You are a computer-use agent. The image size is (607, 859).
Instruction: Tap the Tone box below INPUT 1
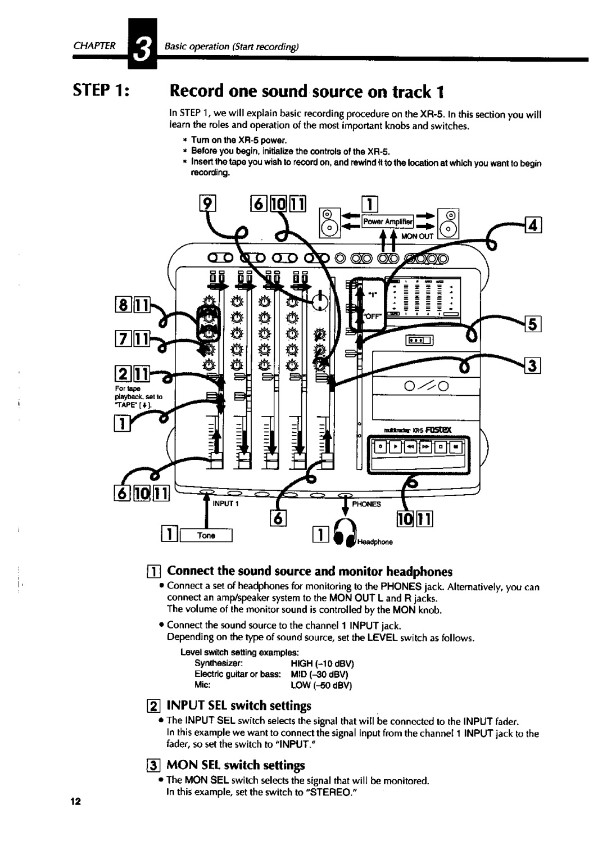pyautogui.click(x=206, y=536)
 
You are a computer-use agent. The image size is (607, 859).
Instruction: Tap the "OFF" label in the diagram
pyautogui.click(x=375, y=317)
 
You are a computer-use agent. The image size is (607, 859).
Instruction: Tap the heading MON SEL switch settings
pyautogui.click(x=236, y=765)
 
